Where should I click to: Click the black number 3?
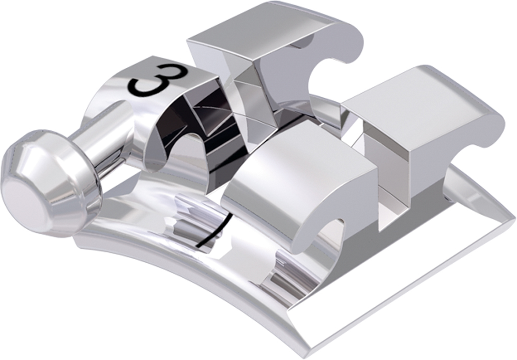(158, 81)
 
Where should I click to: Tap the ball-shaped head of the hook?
(50, 183)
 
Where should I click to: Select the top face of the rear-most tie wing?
(261, 28)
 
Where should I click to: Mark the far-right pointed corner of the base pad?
(514, 218)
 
